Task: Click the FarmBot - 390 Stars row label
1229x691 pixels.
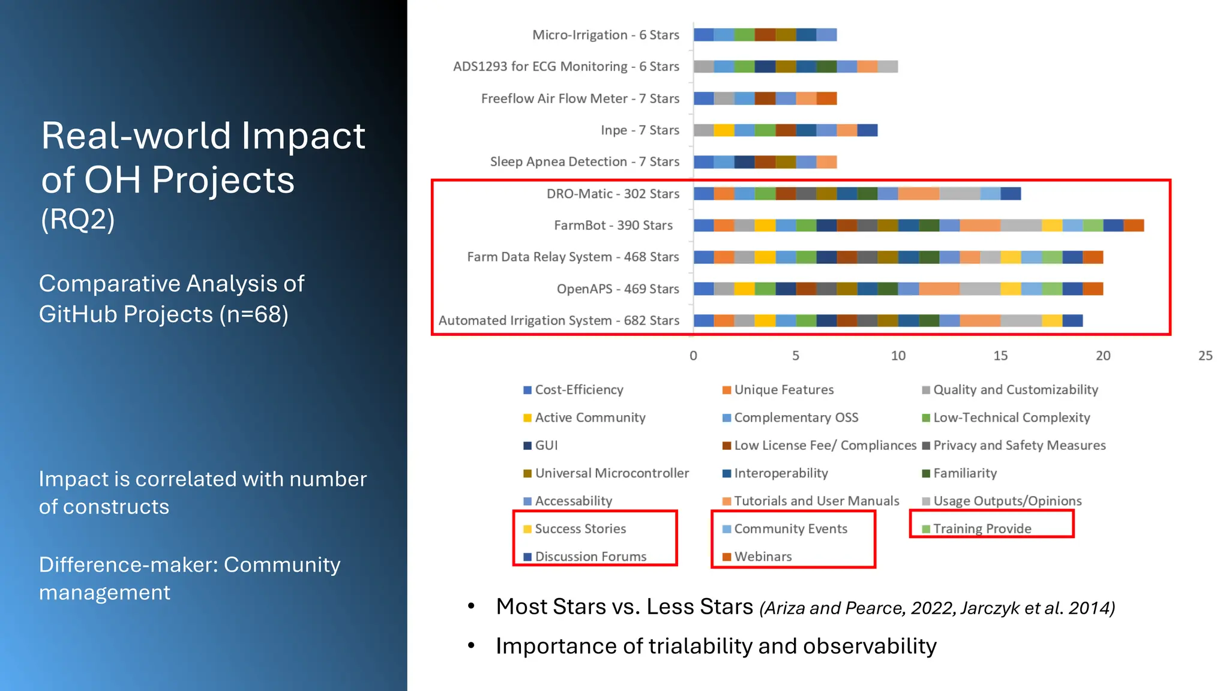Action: pyautogui.click(x=613, y=226)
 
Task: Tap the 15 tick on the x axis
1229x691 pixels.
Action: pyautogui.click(x=1000, y=356)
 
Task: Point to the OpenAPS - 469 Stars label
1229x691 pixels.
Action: pyautogui.click(x=618, y=289)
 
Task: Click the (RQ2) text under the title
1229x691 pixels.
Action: pyautogui.click(x=78, y=220)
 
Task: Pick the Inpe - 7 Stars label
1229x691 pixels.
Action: pyautogui.click(x=640, y=130)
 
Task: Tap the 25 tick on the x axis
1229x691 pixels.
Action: pyautogui.click(x=1205, y=356)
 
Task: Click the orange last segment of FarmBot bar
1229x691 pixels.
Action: pyautogui.click(x=1134, y=226)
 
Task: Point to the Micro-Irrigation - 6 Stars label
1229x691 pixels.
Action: pyautogui.click(x=605, y=35)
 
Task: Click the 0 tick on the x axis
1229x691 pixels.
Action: pyautogui.click(x=693, y=356)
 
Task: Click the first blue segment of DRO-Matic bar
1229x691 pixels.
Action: pyautogui.click(x=703, y=194)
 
